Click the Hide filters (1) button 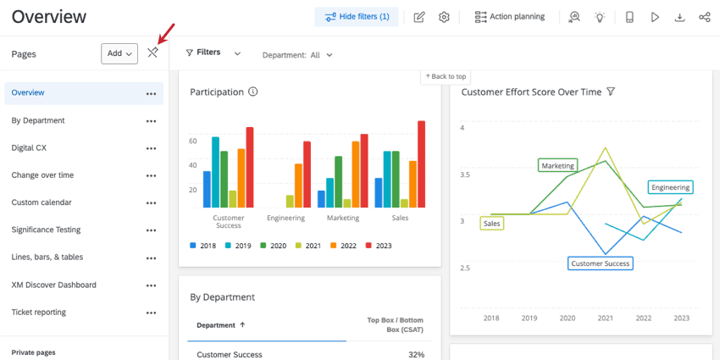click(x=357, y=17)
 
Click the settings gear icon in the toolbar click(x=444, y=17)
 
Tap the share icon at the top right click(x=704, y=17)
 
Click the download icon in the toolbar click(x=679, y=17)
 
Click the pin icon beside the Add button click(x=152, y=53)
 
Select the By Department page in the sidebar click(x=38, y=120)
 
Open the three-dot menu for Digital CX click(x=151, y=148)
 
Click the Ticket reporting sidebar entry click(x=38, y=312)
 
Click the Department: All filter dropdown click(x=297, y=55)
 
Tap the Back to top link click(x=446, y=77)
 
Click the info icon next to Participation click(x=252, y=91)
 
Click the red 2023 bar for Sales click(x=421, y=163)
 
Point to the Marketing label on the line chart click(x=557, y=166)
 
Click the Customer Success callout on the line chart click(x=601, y=263)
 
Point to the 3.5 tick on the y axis click(x=462, y=174)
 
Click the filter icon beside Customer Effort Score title click(x=610, y=91)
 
